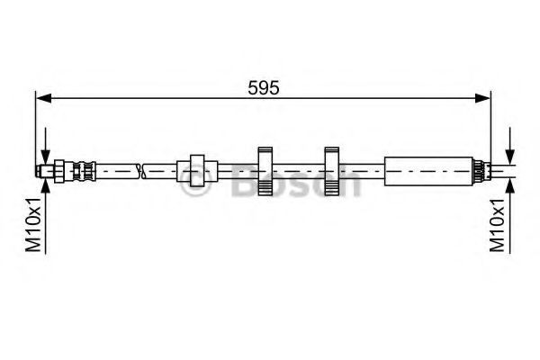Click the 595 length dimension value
[264, 88]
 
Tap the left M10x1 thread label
[34, 225]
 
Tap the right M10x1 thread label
[498, 225]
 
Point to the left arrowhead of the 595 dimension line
[44, 98]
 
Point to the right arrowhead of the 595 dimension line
[481, 98]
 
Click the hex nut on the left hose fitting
[58, 170]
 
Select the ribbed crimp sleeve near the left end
[84, 170]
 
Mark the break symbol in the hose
[141, 171]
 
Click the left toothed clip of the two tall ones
[265, 171]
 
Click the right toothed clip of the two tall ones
[331, 171]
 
